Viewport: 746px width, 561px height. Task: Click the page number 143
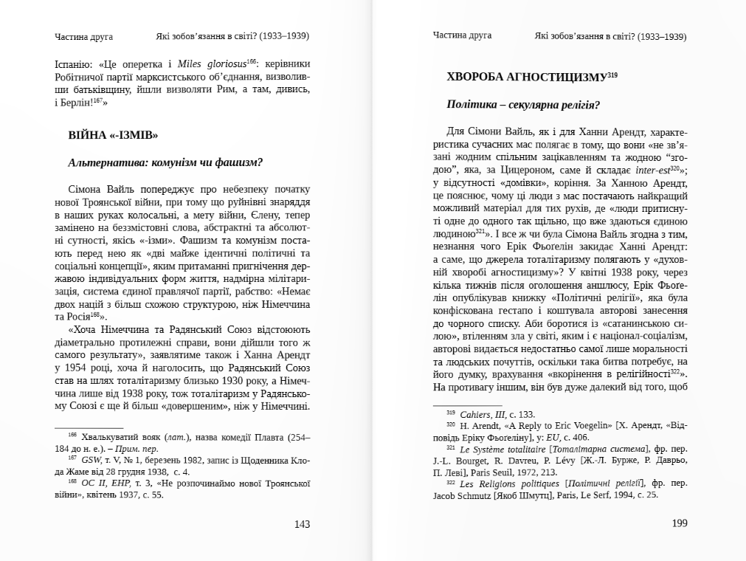tap(302, 524)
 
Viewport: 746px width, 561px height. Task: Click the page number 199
tap(680, 523)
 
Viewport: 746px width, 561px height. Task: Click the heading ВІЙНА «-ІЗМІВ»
tap(113, 135)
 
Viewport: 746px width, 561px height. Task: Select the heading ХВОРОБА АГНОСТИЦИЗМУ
tap(527, 77)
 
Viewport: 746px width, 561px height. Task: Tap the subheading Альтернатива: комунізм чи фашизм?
tap(165, 162)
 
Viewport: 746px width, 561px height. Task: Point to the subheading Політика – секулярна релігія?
tap(522, 105)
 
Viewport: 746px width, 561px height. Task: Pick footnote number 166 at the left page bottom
tap(72, 436)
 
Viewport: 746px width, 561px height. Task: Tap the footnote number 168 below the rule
tap(72, 482)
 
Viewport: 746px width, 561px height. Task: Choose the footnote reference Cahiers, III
tap(483, 415)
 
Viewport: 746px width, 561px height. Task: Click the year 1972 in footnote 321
tap(524, 472)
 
